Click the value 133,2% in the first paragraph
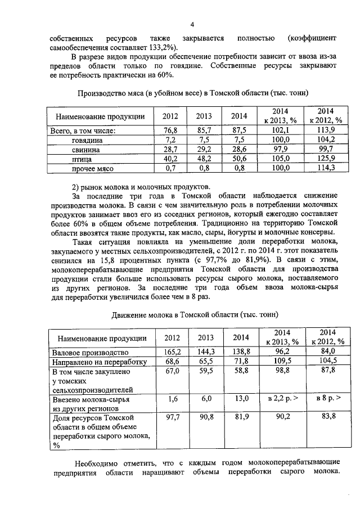[x=158, y=47]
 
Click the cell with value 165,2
[x=170, y=352]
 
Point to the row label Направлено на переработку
[x=99, y=362]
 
